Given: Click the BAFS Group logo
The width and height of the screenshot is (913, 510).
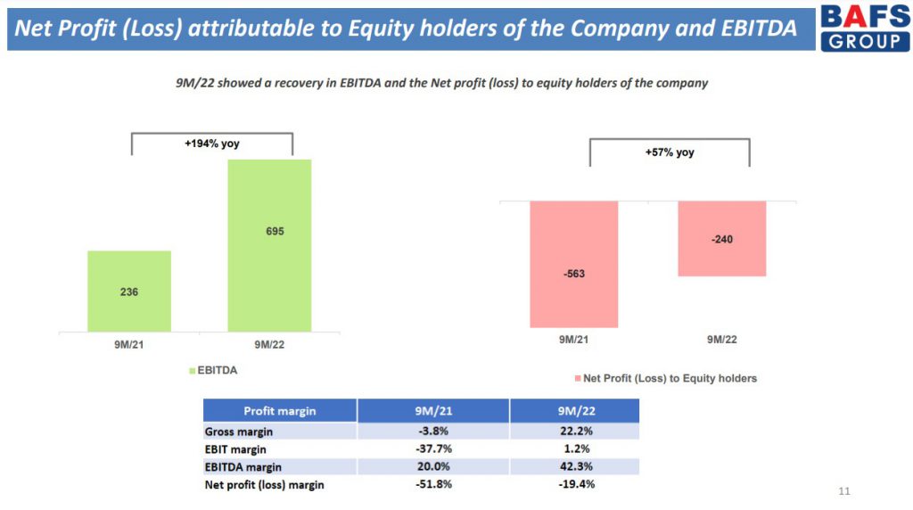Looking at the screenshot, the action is [x=865, y=27].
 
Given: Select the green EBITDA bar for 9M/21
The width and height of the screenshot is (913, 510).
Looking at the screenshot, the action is [x=129, y=291].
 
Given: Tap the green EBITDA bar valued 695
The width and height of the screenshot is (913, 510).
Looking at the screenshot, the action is [x=269, y=246].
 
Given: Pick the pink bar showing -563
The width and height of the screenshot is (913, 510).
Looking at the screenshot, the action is [x=573, y=264].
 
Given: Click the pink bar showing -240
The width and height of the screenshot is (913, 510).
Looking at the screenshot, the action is [x=722, y=239].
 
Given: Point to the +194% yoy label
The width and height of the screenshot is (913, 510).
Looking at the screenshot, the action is [x=212, y=144].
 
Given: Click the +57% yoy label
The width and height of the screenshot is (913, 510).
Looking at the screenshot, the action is [x=670, y=152].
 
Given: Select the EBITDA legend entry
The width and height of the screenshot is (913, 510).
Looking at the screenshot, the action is [x=213, y=370].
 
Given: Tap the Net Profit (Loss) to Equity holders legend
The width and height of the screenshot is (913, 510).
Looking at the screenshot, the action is [x=665, y=378].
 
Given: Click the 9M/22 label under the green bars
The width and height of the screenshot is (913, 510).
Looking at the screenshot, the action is [x=269, y=345].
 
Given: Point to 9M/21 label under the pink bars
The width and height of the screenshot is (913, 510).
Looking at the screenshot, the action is [x=573, y=340].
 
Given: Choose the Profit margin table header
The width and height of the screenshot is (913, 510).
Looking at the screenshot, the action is [x=279, y=411].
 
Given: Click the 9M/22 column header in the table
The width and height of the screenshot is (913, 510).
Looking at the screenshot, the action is [x=577, y=411].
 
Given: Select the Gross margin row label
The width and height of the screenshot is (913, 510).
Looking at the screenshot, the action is [x=239, y=432].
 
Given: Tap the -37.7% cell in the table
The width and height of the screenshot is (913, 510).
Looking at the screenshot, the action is [x=433, y=448].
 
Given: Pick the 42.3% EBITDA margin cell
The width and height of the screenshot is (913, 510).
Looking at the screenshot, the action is [x=577, y=466].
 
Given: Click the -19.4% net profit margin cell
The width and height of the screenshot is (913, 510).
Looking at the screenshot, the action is [x=577, y=484].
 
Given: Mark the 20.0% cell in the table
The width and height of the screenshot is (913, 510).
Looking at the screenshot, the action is [x=433, y=466].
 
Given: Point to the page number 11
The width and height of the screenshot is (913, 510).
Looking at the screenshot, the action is [x=844, y=491].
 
